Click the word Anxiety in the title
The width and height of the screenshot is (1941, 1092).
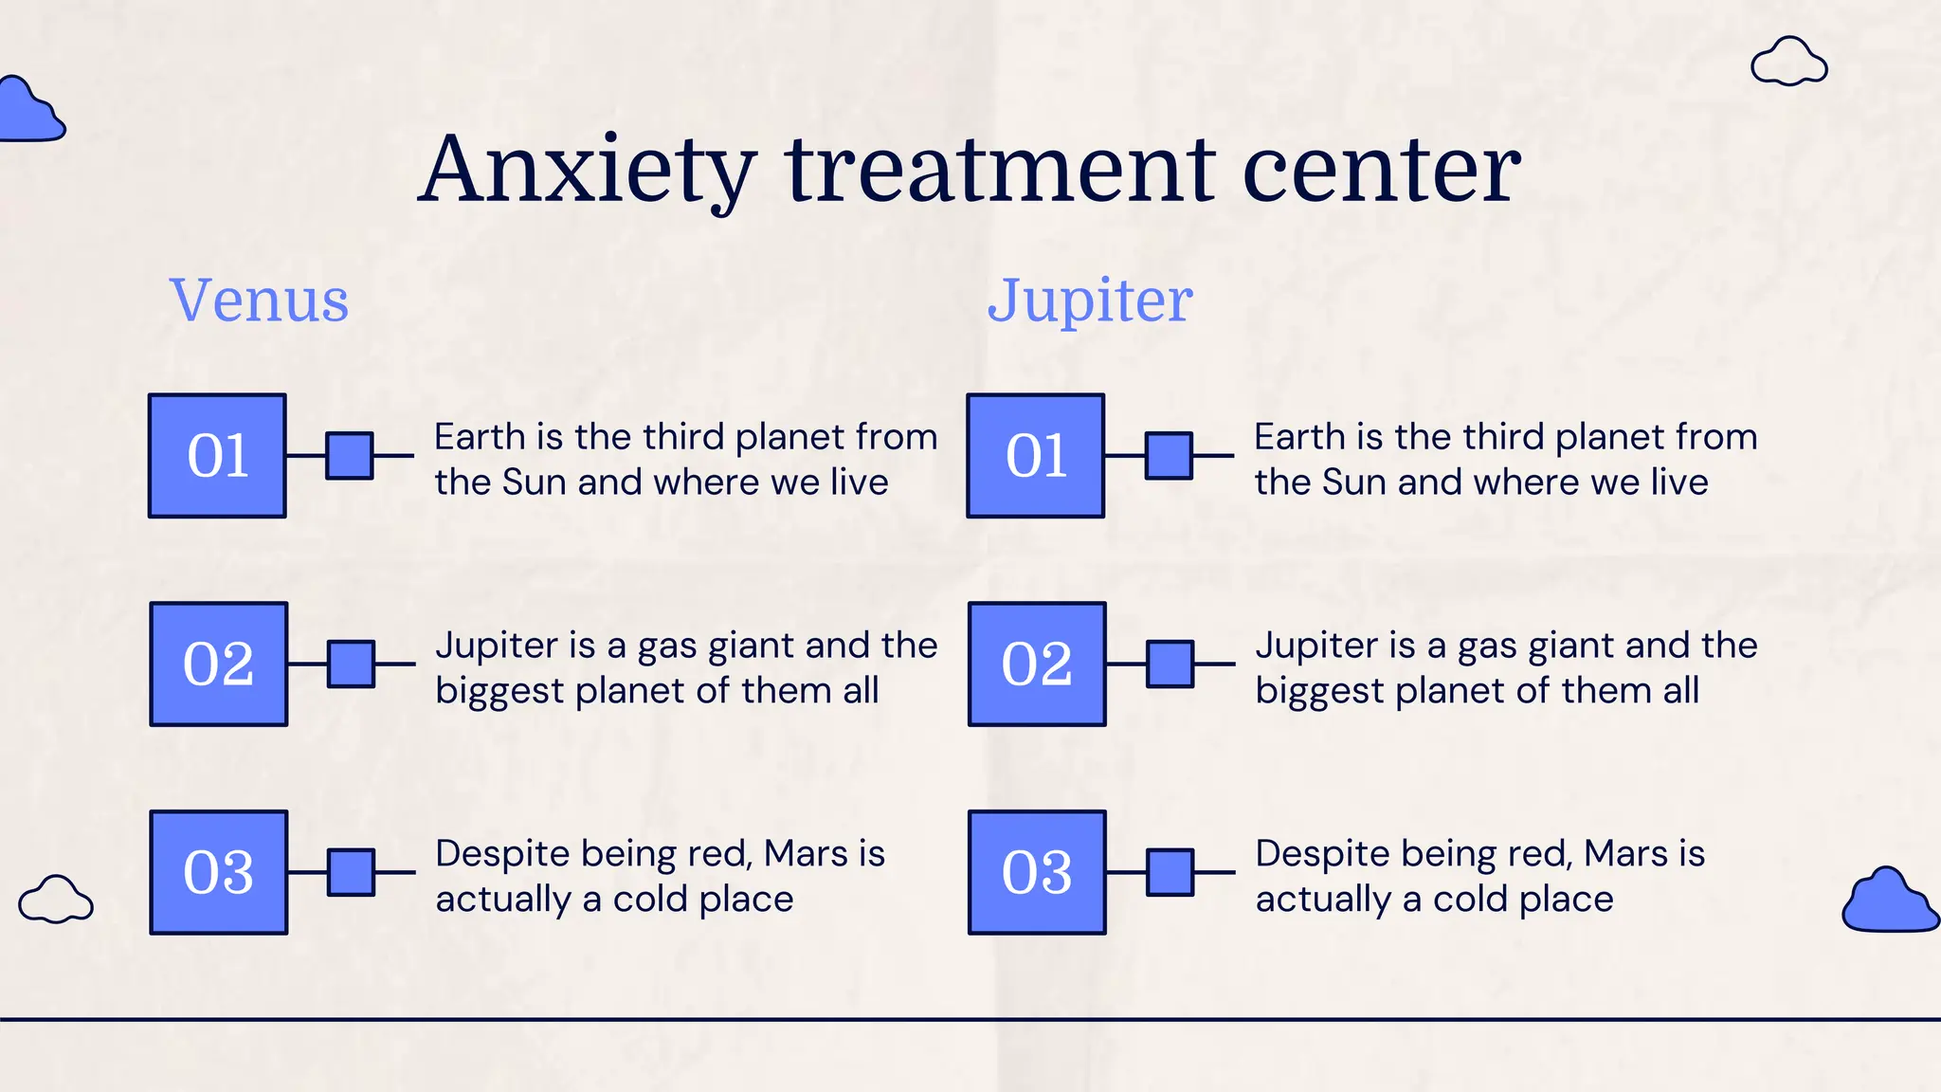click(x=588, y=171)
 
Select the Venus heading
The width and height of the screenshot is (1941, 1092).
click(x=260, y=300)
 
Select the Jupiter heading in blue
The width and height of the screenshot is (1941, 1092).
click(x=1090, y=300)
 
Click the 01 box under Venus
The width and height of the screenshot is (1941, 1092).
click(x=217, y=456)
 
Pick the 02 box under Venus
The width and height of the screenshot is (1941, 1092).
click(x=219, y=664)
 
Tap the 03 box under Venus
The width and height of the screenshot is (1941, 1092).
click(x=219, y=873)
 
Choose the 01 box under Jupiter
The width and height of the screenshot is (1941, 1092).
click(x=1036, y=456)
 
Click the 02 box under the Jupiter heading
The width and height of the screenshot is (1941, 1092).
click(x=1037, y=664)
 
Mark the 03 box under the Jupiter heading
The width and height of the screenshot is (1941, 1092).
click(x=1037, y=873)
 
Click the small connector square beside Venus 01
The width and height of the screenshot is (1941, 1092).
click(x=350, y=456)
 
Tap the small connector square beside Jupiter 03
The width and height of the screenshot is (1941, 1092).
click(x=1170, y=873)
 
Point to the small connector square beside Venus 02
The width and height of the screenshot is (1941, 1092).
click(x=352, y=664)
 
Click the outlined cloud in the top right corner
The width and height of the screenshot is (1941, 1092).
click(x=1788, y=64)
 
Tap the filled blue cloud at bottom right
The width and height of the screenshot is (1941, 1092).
click(x=1889, y=902)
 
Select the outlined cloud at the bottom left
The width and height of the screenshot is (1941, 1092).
click(x=56, y=900)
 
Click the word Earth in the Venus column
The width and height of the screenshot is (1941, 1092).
click(x=480, y=437)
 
